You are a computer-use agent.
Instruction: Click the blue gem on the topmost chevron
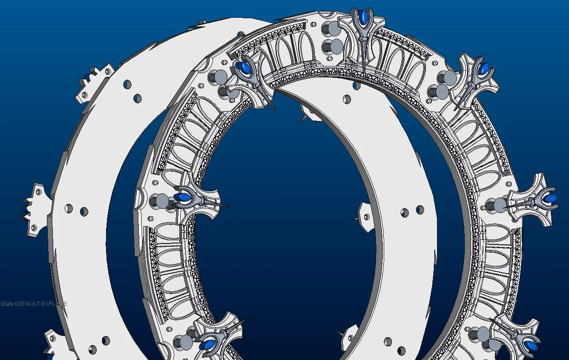click(x=363, y=19)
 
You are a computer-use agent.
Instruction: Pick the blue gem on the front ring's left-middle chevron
click(x=183, y=197)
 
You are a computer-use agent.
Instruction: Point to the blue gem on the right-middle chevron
click(x=551, y=198)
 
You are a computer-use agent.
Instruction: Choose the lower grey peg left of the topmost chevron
click(x=335, y=46)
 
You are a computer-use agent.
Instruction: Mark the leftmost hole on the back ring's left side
click(x=69, y=208)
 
